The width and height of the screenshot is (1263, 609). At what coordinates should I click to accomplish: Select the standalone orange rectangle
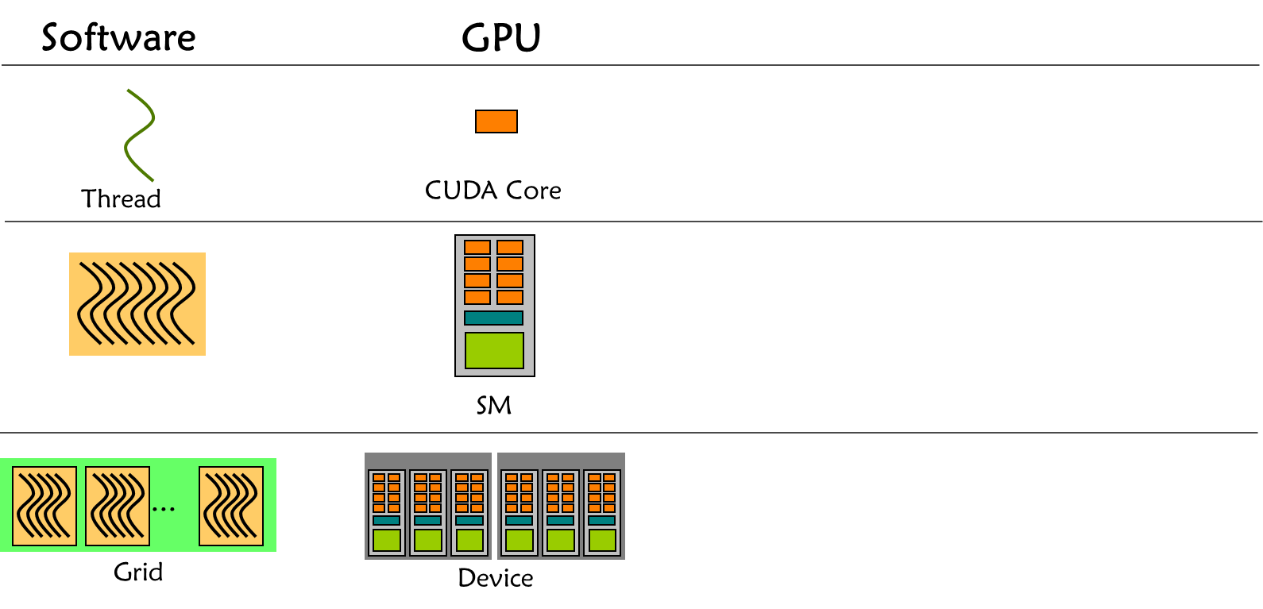click(x=496, y=121)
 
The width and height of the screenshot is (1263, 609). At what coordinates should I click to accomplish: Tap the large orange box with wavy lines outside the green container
click(x=137, y=303)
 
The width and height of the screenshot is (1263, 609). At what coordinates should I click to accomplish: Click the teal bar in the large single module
click(x=493, y=318)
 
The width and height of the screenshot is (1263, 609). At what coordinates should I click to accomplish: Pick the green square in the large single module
click(x=494, y=350)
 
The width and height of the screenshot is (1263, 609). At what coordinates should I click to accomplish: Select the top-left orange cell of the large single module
click(x=477, y=247)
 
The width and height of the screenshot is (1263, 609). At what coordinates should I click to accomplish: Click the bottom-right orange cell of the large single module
click(x=510, y=297)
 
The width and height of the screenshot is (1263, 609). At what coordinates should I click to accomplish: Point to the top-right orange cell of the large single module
click(x=510, y=247)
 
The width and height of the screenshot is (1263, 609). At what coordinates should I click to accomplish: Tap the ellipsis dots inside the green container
click(x=164, y=509)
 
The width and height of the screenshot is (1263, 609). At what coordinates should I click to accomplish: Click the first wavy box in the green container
click(x=44, y=506)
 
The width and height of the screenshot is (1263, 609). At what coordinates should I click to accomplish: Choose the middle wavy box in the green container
click(x=118, y=506)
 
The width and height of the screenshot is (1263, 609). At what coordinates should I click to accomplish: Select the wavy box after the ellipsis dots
click(x=231, y=506)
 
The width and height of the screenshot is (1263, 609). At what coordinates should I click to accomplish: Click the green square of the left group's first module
click(x=387, y=540)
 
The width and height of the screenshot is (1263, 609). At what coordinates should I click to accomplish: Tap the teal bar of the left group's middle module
click(x=428, y=520)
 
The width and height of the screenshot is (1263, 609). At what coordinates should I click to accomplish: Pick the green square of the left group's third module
click(x=469, y=540)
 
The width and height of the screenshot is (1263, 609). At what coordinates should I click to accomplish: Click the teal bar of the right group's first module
click(x=519, y=520)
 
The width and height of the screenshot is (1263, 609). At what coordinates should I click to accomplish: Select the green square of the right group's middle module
click(x=561, y=540)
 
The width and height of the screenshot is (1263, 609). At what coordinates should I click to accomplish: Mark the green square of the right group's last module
click(x=602, y=540)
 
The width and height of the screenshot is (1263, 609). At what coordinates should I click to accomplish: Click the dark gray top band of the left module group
click(x=428, y=461)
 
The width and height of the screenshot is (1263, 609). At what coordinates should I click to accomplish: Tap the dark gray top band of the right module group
click(x=561, y=461)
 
